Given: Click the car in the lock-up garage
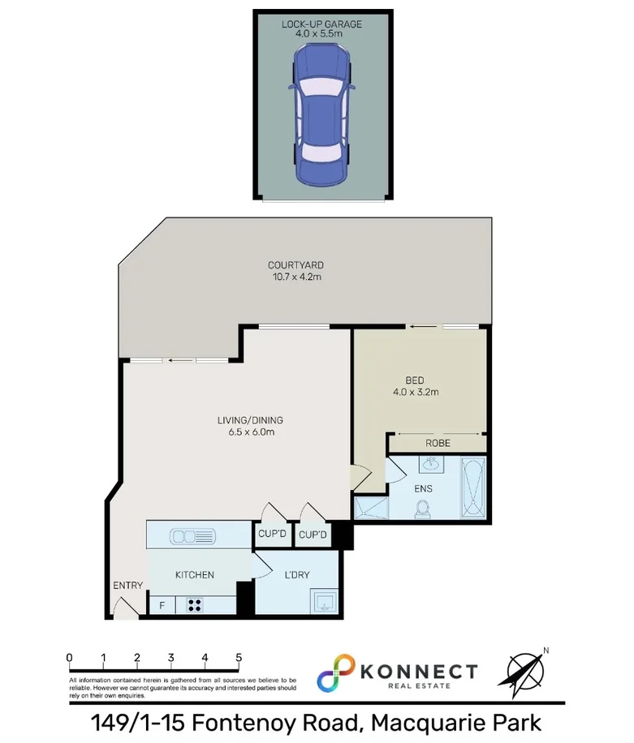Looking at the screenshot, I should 322,113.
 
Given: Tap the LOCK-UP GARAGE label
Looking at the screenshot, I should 322,24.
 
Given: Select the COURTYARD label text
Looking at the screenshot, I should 296,265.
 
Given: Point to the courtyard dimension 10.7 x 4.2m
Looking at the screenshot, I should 296,277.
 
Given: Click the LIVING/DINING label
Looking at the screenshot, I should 250,420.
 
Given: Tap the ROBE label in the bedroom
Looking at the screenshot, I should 438,443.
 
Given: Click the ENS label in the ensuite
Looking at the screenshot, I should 423,489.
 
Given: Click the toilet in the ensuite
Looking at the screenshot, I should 422,509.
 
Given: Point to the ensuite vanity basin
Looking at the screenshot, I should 430,465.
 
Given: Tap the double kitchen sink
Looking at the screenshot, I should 192,535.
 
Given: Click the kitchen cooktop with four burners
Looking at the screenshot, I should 196,604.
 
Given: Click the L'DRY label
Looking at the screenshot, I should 297,574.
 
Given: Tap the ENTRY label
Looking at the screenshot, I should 128,586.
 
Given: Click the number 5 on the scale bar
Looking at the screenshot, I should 239,657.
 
